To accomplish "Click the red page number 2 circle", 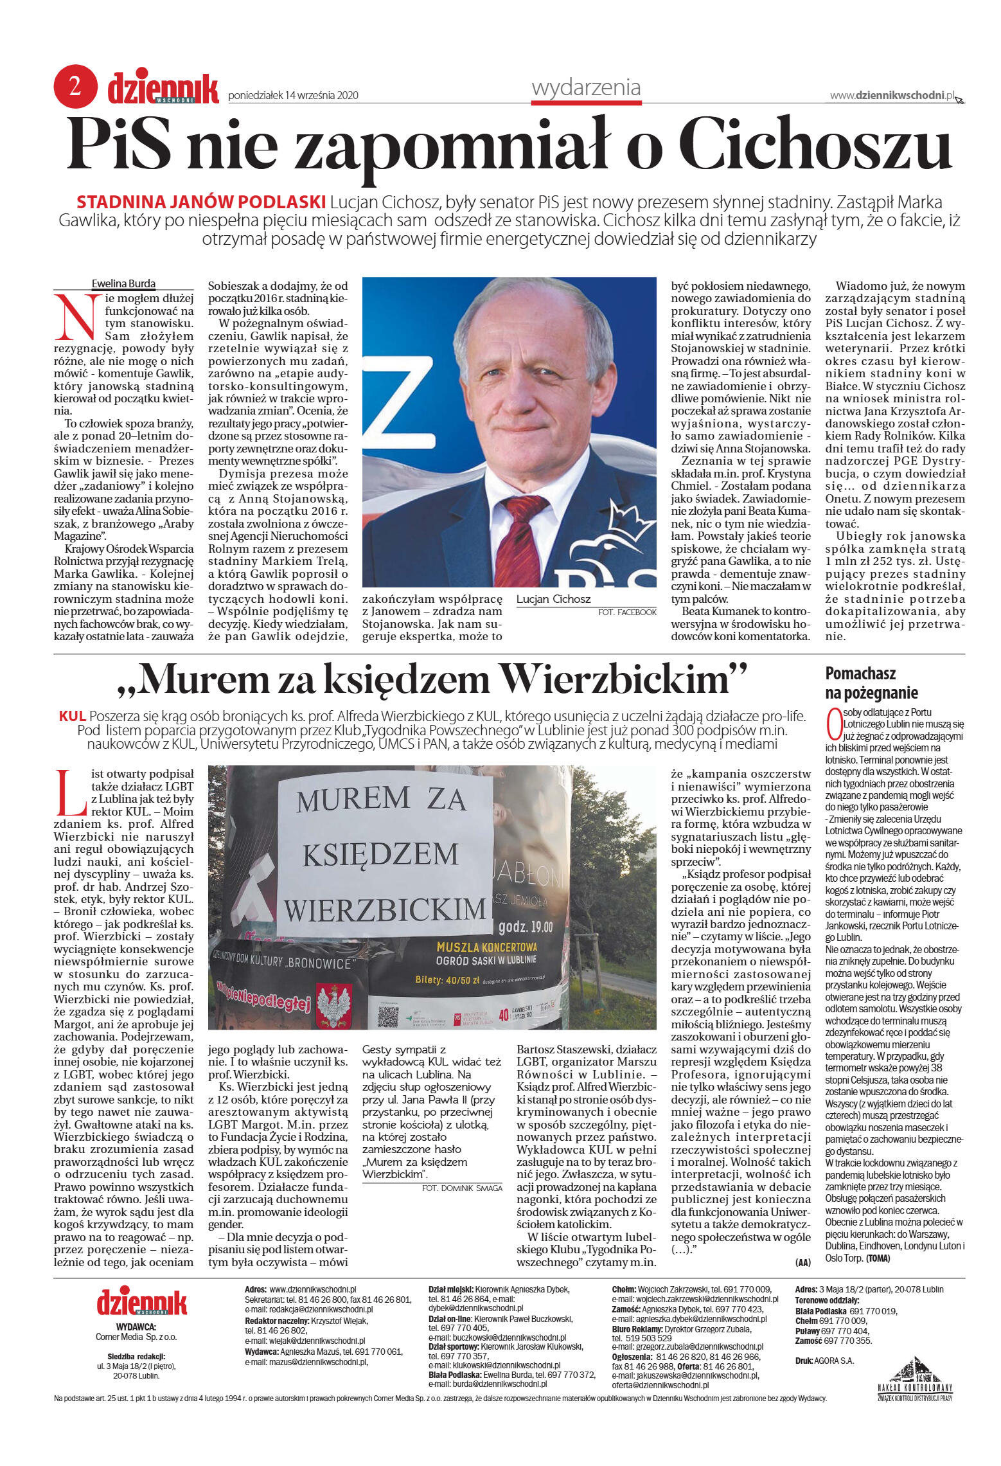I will tap(75, 86).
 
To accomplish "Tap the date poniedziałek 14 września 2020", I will tap(293, 96).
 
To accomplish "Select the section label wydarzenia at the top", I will tap(585, 87).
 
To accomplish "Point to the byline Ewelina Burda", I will tap(123, 283).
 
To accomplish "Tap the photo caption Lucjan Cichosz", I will tap(553, 599).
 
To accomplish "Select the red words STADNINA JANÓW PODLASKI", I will tap(201, 202).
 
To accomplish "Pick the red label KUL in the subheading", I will tap(72, 716).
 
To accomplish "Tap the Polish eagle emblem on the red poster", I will tap(333, 1008).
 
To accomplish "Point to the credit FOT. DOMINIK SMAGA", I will tap(461, 1188).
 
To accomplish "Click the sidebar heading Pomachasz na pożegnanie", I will tap(871, 683).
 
